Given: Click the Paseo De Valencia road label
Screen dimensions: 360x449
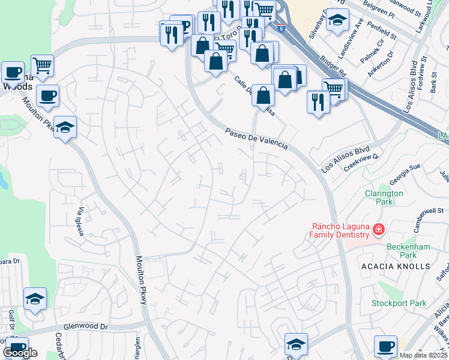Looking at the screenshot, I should pyautogui.click(x=256, y=139).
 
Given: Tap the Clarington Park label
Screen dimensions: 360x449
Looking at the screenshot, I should pyautogui.click(x=384, y=197).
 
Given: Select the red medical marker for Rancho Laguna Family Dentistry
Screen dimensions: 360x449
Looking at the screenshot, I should pyautogui.click(x=378, y=229).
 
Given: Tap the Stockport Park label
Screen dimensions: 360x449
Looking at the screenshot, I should pyautogui.click(x=398, y=303).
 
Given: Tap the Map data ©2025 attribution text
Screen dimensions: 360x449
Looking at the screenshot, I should pyautogui.click(x=424, y=355).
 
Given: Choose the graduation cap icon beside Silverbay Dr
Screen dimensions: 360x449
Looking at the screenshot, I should pyautogui.click(x=337, y=20).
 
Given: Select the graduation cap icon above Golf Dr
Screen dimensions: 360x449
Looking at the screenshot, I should pyautogui.click(x=35, y=299).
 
